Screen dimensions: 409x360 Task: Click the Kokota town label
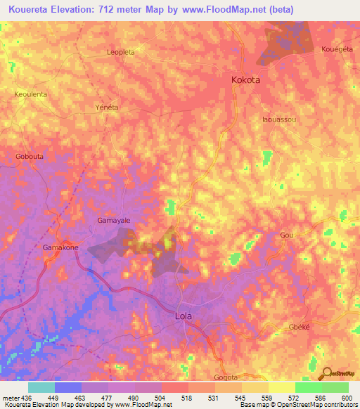tap(245, 80)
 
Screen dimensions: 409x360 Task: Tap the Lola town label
tap(183, 316)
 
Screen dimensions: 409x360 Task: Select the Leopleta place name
tap(120, 52)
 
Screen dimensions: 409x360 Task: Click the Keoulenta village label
tap(31, 93)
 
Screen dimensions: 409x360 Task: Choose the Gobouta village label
tap(30, 156)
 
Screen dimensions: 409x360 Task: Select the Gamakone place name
tap(60, 249)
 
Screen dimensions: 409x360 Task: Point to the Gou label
tap(286, 235)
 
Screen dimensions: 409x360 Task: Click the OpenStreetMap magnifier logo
tap(326, 375)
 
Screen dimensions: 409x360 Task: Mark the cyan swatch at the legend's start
tap(41, 387)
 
